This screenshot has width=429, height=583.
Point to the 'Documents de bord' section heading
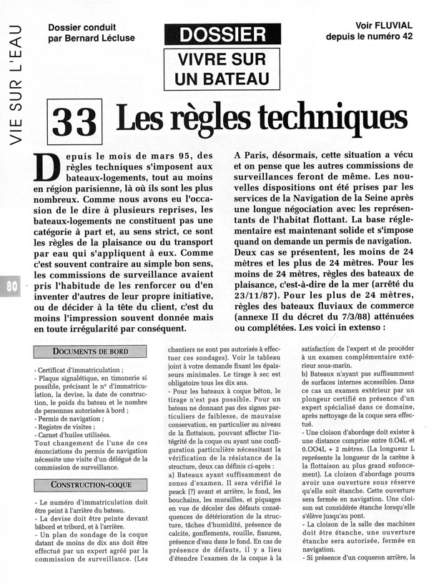[89, 352]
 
